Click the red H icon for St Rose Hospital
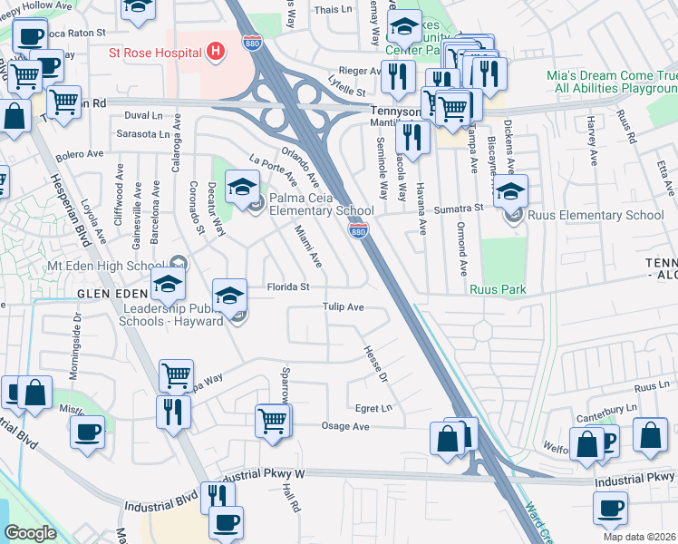(215, 51)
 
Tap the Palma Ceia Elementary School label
(309, 204)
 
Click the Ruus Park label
(498, 289)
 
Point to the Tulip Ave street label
(344, 307)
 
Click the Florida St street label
(288, 287)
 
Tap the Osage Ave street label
(346, 426)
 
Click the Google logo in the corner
(30, 533)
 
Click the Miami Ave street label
(308, 248)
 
